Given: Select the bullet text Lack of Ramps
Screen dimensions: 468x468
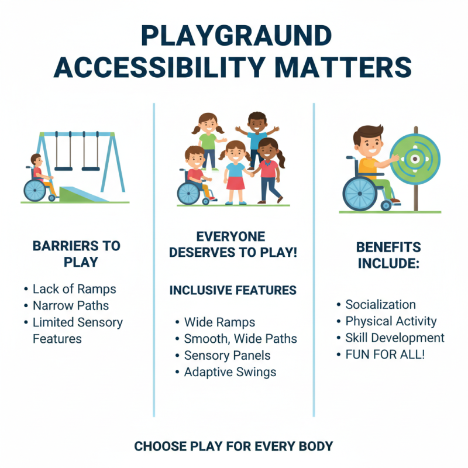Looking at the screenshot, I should pos(74,289).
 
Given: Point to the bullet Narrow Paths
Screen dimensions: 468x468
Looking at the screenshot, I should pos(71,305).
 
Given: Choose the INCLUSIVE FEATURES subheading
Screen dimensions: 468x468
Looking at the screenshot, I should pos(233,291).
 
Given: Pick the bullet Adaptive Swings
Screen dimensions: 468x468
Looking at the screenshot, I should pos(230,372).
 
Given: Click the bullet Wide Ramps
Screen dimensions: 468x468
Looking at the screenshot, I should pos(219,322).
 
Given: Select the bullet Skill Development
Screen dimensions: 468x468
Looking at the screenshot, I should pos(395,338).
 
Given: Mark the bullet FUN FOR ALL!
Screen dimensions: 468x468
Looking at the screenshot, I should pos(384,355).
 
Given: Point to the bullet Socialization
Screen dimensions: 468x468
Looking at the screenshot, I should pos(380,305).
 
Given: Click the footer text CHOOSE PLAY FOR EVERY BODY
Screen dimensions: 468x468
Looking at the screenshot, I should pos(233,446).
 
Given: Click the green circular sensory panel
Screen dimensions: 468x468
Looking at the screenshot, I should pos(414,159).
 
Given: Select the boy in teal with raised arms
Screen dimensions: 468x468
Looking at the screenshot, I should pos(257,135).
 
